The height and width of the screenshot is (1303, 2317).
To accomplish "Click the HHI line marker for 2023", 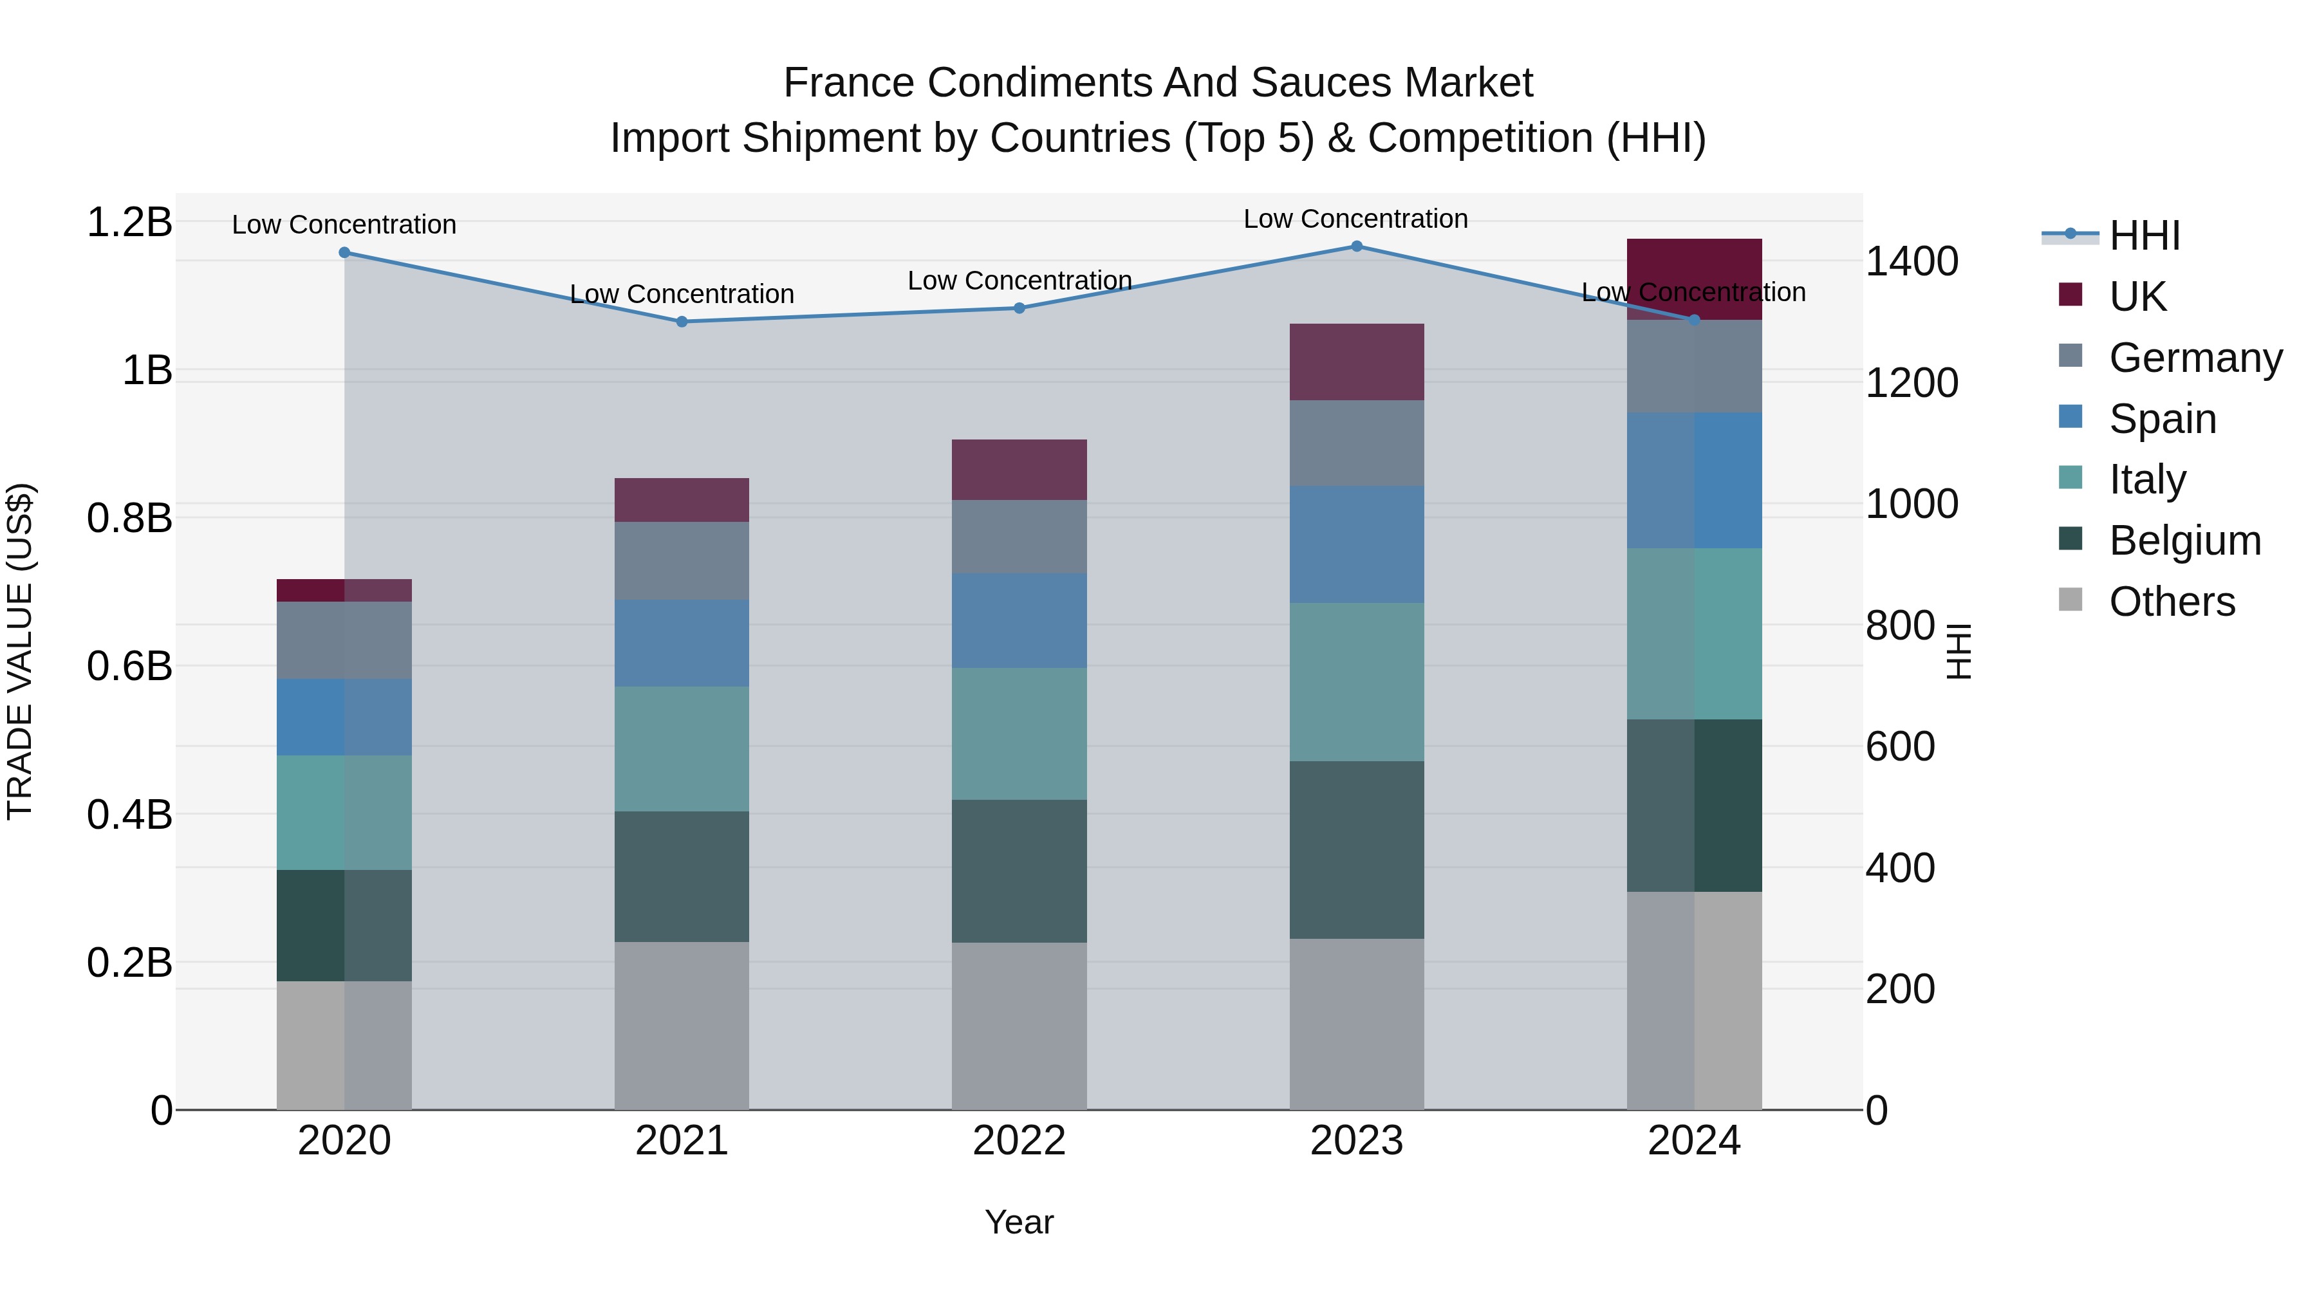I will [1356, 246].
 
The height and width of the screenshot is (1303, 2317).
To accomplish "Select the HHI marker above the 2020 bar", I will [344, 253].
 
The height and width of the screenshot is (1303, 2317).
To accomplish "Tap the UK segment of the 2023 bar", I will [1356, 362].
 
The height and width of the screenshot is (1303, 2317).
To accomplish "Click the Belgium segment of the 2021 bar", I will [681, 877].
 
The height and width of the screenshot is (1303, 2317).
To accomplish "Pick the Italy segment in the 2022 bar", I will [1019, 734].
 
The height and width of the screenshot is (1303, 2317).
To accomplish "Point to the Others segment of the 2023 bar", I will [1356, 1024].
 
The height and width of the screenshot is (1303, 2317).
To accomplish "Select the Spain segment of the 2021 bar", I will [681, 643].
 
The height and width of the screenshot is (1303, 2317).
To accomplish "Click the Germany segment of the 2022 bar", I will [1019, 536].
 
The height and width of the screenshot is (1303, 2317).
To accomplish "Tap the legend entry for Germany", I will [2195, 357].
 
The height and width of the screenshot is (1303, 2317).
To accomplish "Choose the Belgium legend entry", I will [2184, 541].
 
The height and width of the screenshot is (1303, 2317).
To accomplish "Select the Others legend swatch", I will [2070, 600].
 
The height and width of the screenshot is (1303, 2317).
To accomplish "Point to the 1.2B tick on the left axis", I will [129, 222].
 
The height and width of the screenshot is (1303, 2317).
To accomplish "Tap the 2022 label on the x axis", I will [1019, 1141].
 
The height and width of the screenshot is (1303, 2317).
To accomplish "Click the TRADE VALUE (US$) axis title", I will [21, 651].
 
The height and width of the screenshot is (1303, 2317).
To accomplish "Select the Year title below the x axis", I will [1019, 1222].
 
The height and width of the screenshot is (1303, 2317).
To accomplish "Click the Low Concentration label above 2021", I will [681, 294].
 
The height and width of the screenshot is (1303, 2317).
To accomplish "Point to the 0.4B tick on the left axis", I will [129, 815].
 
